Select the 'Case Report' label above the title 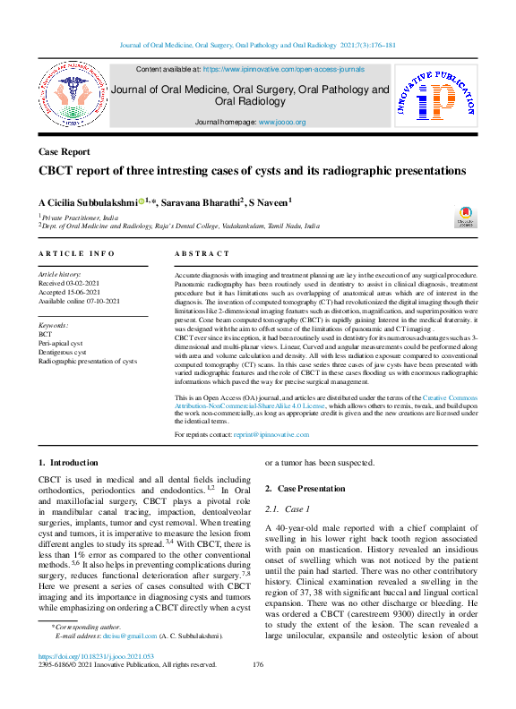(x=64, y=152)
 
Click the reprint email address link (x=271, y=434)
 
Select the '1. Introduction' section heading (x=68, y=463)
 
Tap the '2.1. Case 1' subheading (x=288, y=508)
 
